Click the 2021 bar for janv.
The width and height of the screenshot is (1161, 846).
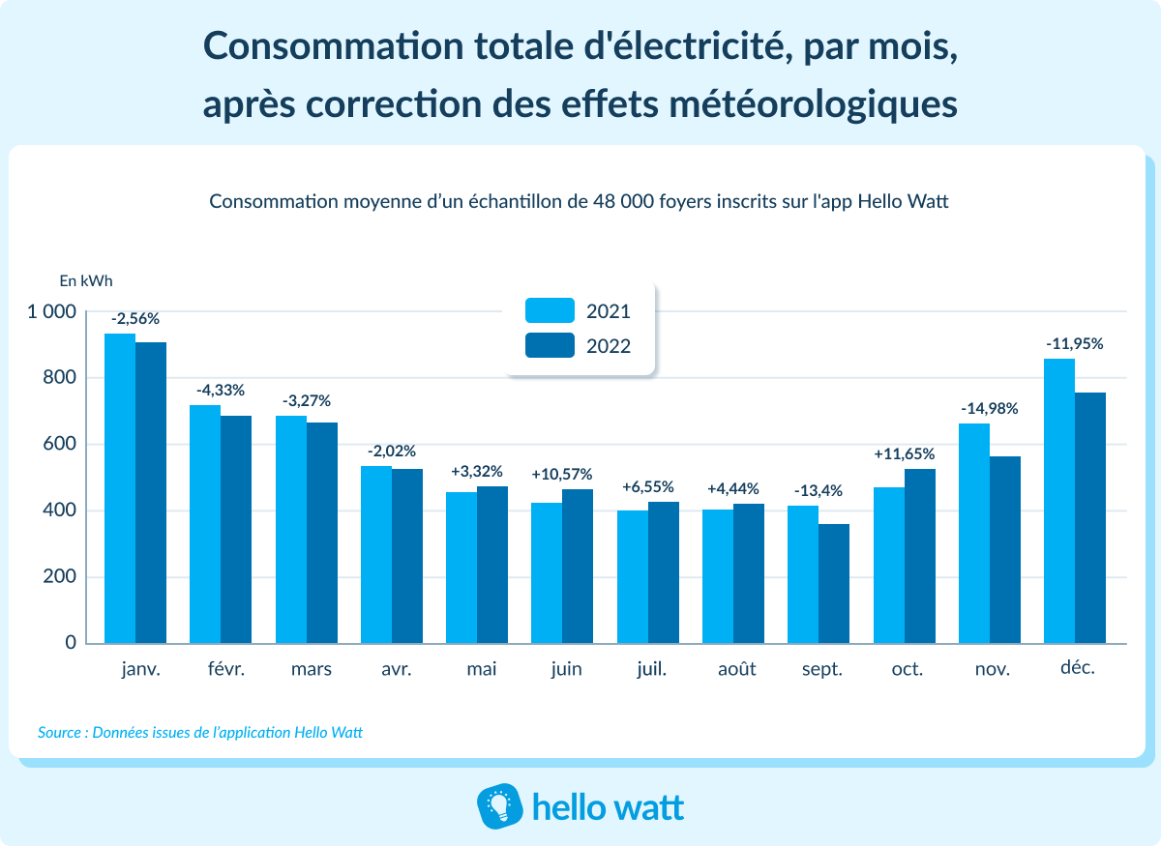click(120, 488)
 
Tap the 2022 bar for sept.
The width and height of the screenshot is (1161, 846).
click(834, 583)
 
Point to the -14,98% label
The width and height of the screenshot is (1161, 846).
click(989, 409)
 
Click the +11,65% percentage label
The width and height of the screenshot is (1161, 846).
click(904, 453)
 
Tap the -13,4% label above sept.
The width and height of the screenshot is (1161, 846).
click(819, 491)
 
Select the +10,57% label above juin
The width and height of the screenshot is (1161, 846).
click(562, 474)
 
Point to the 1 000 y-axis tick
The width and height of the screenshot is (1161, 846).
click(50, 312)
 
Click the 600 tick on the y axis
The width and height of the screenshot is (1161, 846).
click(57, 445)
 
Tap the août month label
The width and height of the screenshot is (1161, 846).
click(736, 669)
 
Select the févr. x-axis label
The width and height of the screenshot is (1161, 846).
click(225, 669)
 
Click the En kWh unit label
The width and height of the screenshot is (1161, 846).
click(86, 281)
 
